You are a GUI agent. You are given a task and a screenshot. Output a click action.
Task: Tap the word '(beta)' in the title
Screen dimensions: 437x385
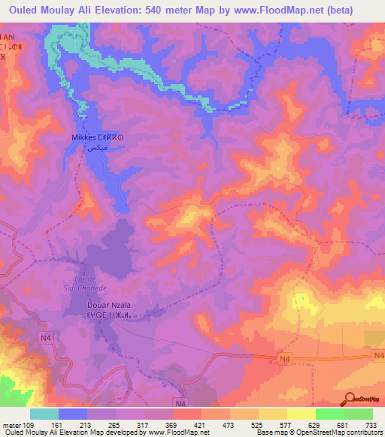point(358,10)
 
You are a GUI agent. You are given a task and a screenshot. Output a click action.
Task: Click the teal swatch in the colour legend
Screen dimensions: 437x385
point(44,414)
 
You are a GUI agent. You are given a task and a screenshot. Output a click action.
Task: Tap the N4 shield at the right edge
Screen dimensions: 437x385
point(378,357)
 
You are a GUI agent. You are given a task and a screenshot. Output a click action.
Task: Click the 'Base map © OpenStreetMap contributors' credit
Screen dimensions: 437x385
point(316,432)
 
